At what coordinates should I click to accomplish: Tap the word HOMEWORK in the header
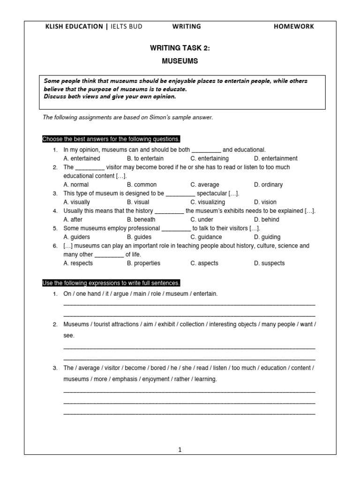pyautogui.click(x=294, y=27)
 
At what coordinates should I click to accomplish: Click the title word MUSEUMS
pyautogui.click(x=180, y=61)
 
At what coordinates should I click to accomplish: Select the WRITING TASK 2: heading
pyautogui.click(x=180, y=48)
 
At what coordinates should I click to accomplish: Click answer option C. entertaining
pyautogui.click(x=210, y=158)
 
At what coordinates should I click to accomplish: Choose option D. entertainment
pyautogui.click(x=276, y=158)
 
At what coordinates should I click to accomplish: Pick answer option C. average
pyautogui.click(x=205, y=185)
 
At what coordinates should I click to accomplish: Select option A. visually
pyautogui.click(x=77, y=202)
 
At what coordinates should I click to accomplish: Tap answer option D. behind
pyautogui.click(x=267, y=219)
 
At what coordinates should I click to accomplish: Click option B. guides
pyautogui.click(x=139, y=237)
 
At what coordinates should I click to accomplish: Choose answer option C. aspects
pyautogui.click(x=204, y=263)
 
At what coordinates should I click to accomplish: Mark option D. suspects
pyautogui.click(x=270, y=263)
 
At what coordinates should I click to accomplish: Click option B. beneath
pyautogui.click(x=141, y=219)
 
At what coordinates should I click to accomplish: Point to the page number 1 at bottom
pyautogui.click(x=180, y=450)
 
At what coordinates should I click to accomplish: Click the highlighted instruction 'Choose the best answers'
pyautogui.click(x=111, y=139)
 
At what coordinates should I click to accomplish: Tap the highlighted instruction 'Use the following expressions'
pyautogui.click(x=111, y=283)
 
